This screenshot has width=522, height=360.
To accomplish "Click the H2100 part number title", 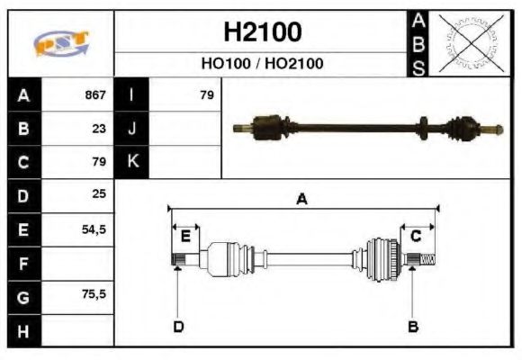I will [x=262, y=32].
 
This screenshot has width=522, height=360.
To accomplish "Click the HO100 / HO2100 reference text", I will [x=262, y=64].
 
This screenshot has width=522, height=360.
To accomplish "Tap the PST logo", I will [x=61, y=43].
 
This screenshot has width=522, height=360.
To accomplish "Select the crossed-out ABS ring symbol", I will [x=467, y=43].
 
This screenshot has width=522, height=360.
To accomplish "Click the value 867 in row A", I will [x=95, y=94].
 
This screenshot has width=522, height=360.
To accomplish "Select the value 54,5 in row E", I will [x=94, y=229].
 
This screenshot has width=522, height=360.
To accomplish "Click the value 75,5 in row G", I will [x=94, y=296].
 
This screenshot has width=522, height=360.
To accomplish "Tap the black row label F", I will [x=22, y=264].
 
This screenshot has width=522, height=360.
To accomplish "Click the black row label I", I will [x=131, y=94].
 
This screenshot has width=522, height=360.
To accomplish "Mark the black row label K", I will [x=131, y=162].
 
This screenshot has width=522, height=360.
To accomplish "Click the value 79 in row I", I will [x=206, y=94].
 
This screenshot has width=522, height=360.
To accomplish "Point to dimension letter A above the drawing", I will [x=302, y=199].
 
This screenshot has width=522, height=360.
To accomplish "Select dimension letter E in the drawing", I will [x=185, y=236].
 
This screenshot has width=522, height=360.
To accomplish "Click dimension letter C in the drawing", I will [x=416, y=236].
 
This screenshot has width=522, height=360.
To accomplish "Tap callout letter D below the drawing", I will [x=178, y=326].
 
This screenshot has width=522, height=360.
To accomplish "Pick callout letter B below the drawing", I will [x=413, y=326].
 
